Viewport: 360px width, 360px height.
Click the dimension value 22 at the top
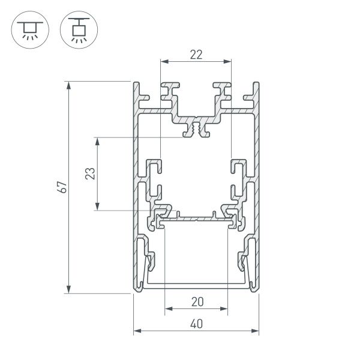[196, 55]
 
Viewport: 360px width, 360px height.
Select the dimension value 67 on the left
[61, 187]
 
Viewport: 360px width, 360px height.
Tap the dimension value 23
[89, 174]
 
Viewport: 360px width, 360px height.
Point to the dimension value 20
[196, 302]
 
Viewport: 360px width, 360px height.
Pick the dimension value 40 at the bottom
[196, 324]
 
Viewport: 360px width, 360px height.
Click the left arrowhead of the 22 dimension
[163, 61]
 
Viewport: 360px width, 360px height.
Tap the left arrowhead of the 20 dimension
[167, 310]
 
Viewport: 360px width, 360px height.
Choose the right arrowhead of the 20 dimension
[226, 310]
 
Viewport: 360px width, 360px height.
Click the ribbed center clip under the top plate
[196, 129]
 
